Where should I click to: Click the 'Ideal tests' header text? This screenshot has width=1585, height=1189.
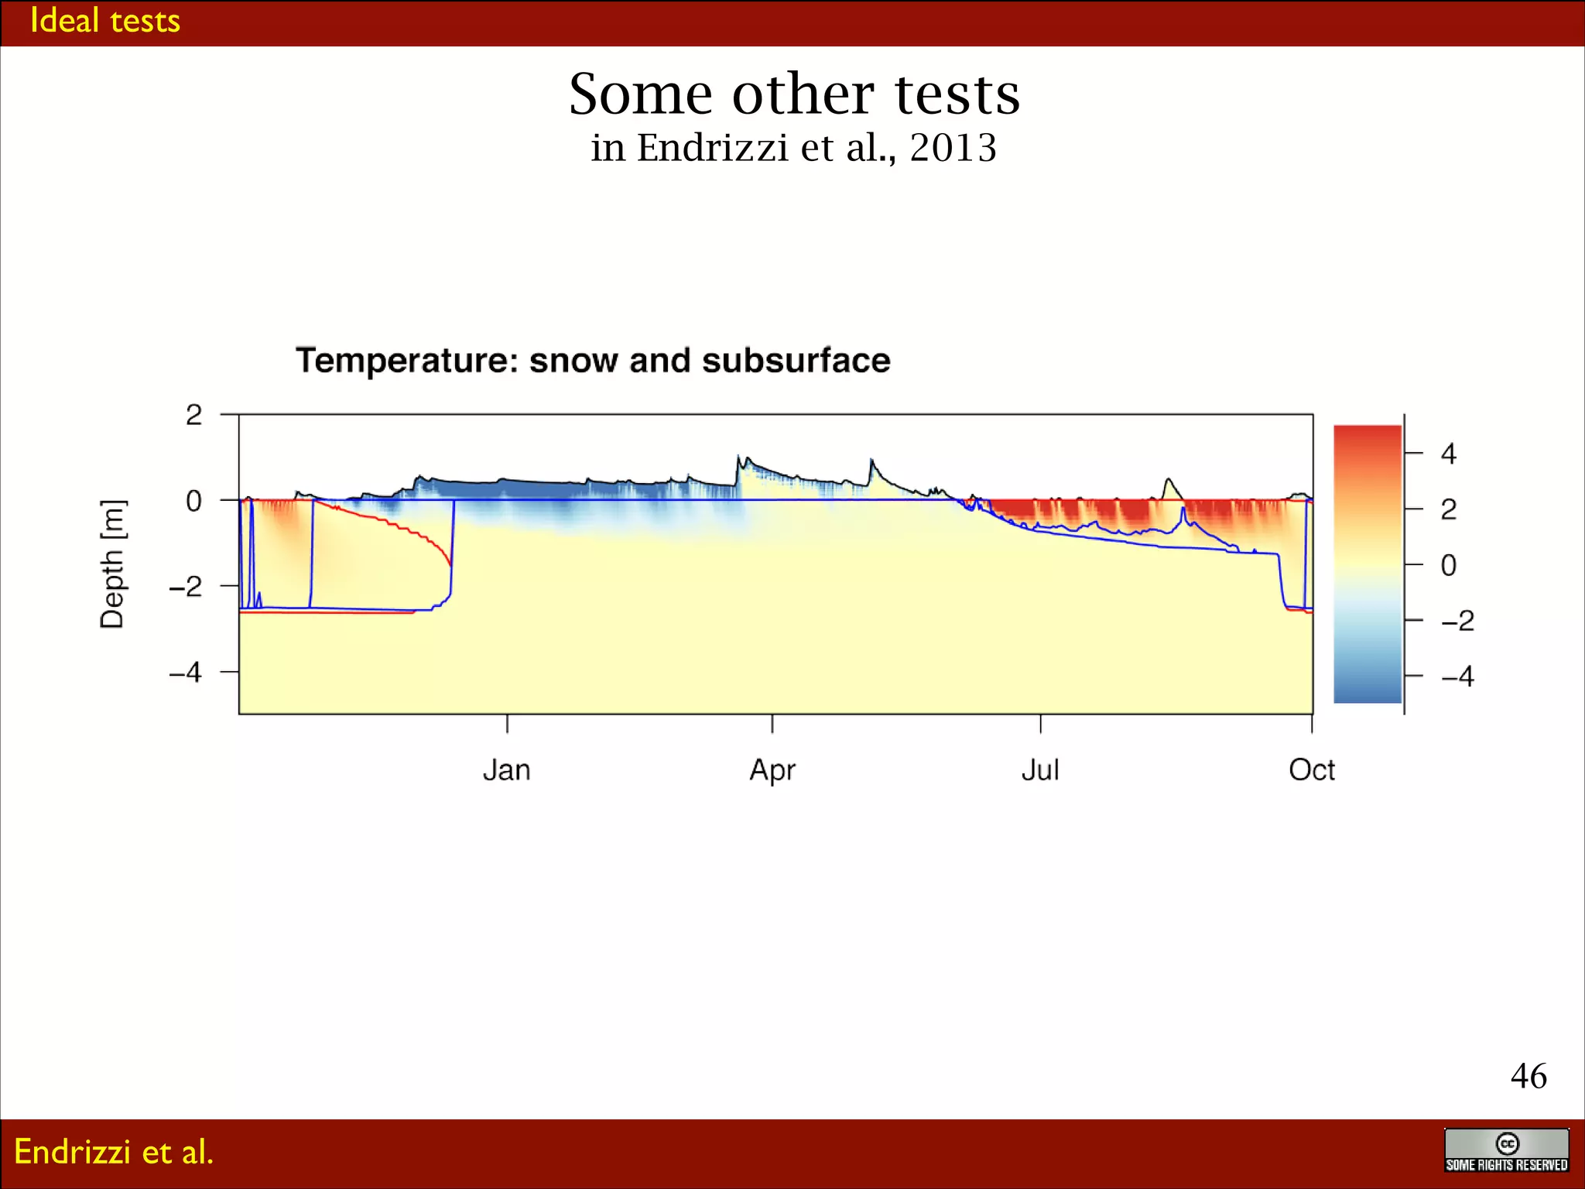[104, 21]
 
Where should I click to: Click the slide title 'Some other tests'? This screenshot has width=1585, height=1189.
[794, 94]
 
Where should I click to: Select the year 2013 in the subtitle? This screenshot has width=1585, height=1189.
[953, 147]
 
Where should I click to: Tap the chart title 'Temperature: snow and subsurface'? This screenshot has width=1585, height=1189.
[593, 361]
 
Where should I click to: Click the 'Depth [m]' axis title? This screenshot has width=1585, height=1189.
[112, 564]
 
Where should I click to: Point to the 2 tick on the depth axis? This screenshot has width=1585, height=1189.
[193, 415]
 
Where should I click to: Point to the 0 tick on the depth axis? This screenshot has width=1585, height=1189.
[193, 501]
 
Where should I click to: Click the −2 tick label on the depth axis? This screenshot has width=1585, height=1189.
[186, 586]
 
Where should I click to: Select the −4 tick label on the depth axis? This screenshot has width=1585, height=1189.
[186, 672]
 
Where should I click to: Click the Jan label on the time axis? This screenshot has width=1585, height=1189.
[507, 770]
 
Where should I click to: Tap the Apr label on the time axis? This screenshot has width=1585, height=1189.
[772, 770]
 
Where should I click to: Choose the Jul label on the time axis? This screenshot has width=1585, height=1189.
[1040, 770]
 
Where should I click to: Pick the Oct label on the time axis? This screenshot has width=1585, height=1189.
[1312, 770]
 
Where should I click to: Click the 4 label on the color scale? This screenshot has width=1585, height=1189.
[1448, 454]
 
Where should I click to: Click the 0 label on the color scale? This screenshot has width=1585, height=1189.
[1448, 565]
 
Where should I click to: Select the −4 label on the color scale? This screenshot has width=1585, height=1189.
[1457, 677]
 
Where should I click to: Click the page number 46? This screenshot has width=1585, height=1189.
[1529, 1076]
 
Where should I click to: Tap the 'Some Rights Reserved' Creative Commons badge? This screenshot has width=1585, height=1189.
[1506, 1151]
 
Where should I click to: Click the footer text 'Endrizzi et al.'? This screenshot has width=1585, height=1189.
[114, 1152]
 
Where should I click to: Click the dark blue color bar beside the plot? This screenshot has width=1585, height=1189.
[1368, 681]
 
